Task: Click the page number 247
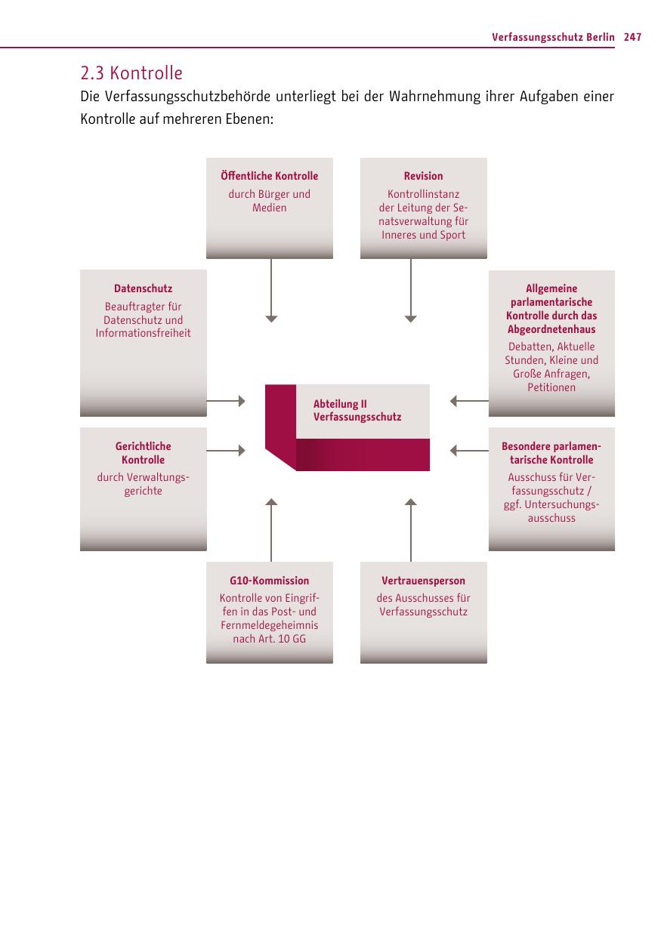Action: [x=633, y=37]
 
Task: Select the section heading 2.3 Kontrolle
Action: [x=131, y=73]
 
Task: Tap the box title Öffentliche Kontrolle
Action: [x=269, y=176]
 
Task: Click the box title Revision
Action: [x=423, y=176]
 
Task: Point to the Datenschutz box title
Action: [x=143, y=288]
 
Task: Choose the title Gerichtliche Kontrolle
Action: [x=143, y=453]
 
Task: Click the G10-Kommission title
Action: [x=269, y=581]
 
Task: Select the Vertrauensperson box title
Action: [x=423, y=581]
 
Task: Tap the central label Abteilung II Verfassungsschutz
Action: [x=357, y=411]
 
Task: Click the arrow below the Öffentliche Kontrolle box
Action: [x=271, y=291]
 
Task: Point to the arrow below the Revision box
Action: [x=410, y=291]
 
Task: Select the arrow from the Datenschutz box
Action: [x=226, y=401]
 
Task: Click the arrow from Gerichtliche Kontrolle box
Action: [x=226, y=451]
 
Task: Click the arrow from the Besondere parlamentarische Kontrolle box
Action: [x=469, y=451]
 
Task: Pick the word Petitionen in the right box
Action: [x=551, y=387]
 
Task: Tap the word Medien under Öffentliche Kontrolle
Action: [x=269, y=208]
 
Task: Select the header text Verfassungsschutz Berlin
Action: [x=553, y=37]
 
